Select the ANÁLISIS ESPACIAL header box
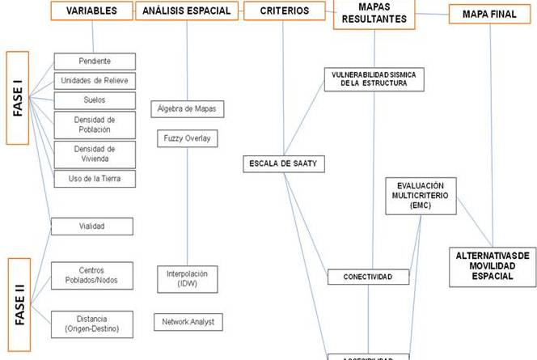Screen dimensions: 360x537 pyautogui.click(x=186, y=11)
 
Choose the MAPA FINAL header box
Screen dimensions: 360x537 pyautogui.click(x=488, y=14)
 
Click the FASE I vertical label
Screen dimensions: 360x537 pyautogui.click(x=17, y=98)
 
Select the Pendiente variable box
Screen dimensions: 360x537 pyautogui.click(x=95, y=61)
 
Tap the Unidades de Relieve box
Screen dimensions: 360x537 pyautogui.click(x=95, y=80)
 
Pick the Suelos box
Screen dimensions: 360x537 pyautogui.click(x=95, y=100)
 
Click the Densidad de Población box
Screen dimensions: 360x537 pyautogui.click(x=95, y=125)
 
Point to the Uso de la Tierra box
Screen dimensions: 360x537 pyautogui.click(x=95, y=178)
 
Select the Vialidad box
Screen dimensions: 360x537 pyautogui.click(x=93, y=227)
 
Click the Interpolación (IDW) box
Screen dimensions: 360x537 pyautogui.click(x=187, y=278)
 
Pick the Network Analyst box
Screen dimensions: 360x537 pyautogui.click(x=187, y=322)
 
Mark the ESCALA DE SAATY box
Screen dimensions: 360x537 pyautogui.click(x=284, y=164)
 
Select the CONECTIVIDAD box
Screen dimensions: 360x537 pyautogui.click(x=367, y=277)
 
